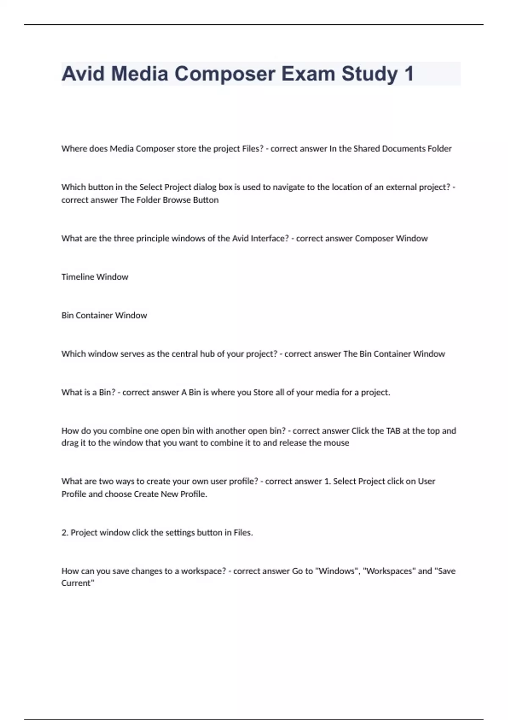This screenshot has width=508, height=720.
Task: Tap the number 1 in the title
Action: (409, 74)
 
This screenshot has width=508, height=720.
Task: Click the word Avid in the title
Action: (83, 74)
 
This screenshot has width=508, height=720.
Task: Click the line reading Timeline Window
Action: (95, 277)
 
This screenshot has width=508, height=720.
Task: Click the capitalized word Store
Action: (263, 393)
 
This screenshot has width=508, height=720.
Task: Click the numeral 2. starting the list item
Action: (65, 533)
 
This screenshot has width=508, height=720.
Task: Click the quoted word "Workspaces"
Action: (389, 571)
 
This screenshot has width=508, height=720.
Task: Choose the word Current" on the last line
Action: (78, 583)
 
